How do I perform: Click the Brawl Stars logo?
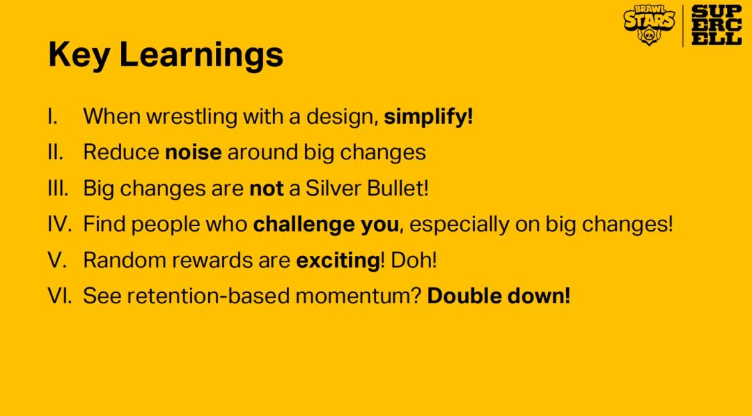(x=649, y=25)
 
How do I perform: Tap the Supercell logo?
(x=716, y=26)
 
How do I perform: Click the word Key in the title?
(x=79, y=55)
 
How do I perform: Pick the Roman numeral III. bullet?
(x=58, y=189)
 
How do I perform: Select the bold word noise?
(x=194, y=152)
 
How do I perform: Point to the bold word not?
(x=267, y=189)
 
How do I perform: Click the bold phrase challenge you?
(x=326, y=225)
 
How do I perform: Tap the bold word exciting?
(x=338, y=261)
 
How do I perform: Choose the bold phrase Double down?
(x=499, y=296)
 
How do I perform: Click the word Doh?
(x=414, y=260)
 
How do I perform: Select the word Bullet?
(x=398, y=189)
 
